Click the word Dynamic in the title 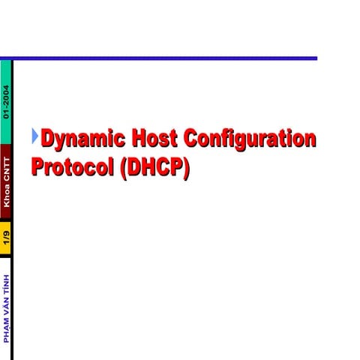point(82,139)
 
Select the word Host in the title point(155,139)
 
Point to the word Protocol point(71,166)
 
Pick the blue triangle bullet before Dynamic point(34,136)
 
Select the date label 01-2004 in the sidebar point(6,103)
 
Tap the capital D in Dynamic point(49,139)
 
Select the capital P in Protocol point(39,166)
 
